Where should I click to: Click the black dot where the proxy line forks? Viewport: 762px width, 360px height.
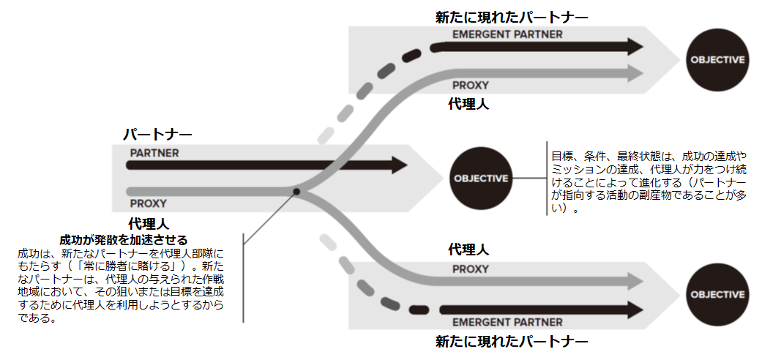point(296,192)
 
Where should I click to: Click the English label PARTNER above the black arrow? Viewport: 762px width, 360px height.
point(154,153)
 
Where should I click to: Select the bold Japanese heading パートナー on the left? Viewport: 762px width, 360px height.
point(157,135)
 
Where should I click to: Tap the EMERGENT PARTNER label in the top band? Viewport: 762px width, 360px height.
point(507,34)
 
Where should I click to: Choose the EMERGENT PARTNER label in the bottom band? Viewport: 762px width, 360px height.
point(507,322)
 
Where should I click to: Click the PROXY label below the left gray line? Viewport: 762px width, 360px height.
point(148,203)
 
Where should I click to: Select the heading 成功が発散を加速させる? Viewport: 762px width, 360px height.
point(124,240)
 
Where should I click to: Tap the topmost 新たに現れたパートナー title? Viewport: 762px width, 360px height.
point(512,15)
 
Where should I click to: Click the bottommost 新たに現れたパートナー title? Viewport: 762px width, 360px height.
point(512,342)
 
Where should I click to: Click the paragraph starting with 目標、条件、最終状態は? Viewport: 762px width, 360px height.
point(649,182)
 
